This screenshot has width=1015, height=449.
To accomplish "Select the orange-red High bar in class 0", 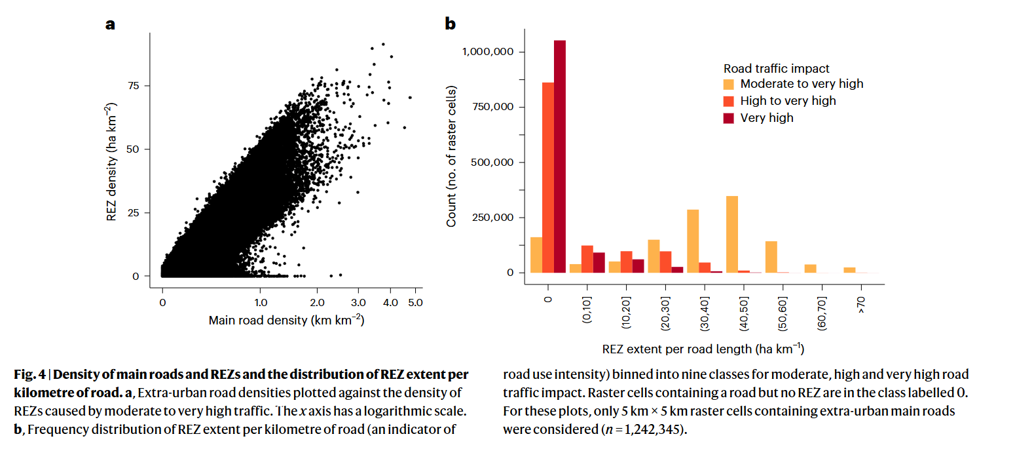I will click(x=548, y=177).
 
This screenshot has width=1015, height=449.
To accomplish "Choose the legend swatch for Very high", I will click(x=728, y=118).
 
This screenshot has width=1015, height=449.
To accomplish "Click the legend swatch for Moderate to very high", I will click(x=728, y=84).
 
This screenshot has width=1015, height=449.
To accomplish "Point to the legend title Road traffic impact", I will click(x=776, y=68).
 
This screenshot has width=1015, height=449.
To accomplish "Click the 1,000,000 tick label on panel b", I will click(x=489, y=52).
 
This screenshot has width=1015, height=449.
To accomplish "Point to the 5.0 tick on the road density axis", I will click(x=415, y=303).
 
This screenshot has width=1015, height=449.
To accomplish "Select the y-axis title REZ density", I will click(x=112, y=162).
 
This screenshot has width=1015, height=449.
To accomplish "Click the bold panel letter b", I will click(x=450, y=25).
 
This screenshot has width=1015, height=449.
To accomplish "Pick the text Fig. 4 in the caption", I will click(x=29, y=375).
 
